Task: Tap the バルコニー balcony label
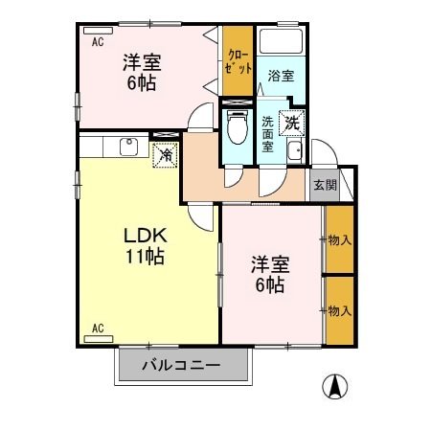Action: pyautogui.click(x=182, y=366)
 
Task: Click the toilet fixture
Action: pyautogui.click(x=236, y=127)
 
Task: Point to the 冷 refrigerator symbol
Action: pyautogui.click(x=165, y=152)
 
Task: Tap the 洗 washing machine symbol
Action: pyautogui.click(x=292, y=123)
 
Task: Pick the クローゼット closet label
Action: pyautogui.click(x=239, y=62)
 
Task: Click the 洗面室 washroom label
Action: pyautogui.click(x=268, y=127)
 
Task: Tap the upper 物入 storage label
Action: pyautogui.click(x=339, y=239)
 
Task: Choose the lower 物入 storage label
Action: pyautogui.click(x=339, y=309)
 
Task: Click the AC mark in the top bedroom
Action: pyautogui.click(x=98, y=42)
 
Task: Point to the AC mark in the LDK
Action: pyautogui.click(x=98, y=329)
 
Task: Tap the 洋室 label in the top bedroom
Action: pyautogui.click(x=141, y=63)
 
